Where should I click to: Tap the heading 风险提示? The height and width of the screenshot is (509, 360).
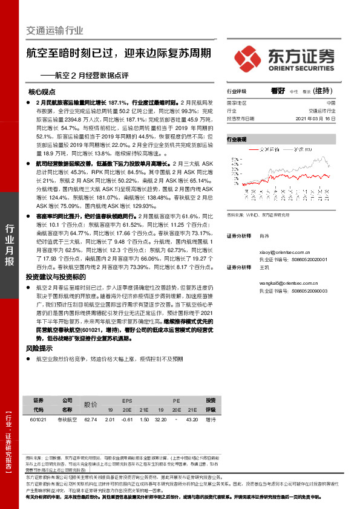38,349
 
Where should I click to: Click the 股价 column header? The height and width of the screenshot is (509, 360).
90,404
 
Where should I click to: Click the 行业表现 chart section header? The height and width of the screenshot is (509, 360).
237,138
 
